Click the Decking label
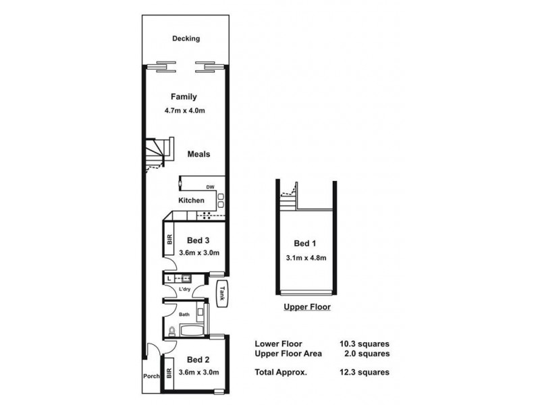[x=186, y=38]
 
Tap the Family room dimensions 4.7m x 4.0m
[x=184, y=111]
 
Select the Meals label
[x=198, y=154]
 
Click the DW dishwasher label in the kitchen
[x=210, y=187]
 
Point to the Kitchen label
[x=191, y=200]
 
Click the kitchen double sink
[x=221, y=200]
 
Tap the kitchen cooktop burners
[x=207, y=215]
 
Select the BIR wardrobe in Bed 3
[x=169, y=240]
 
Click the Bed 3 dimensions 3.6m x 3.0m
[x=199, y=252]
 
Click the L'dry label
[x=184, y=289]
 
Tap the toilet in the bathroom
[x=172, y=331]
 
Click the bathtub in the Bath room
[x=192, y=330]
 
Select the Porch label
[x=151, y=376]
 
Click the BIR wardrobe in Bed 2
[x=169, y=374]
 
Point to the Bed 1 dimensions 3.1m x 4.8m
[x=306, y=258]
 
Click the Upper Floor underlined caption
[x=307, y=307]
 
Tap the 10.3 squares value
[x=364, y=344]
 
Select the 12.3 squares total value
[x=364, y=372]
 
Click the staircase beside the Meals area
[x=159, y=155]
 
